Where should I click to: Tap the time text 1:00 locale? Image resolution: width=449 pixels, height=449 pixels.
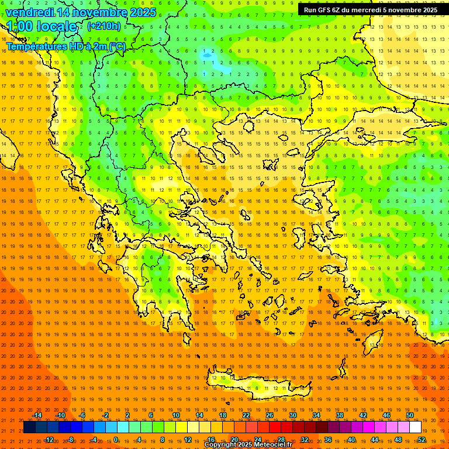click(x=42, y=26)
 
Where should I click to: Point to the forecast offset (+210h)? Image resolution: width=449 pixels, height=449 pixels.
click(x=104, y=26)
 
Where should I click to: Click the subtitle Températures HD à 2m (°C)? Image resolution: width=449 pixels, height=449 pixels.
click(x=65, y=46)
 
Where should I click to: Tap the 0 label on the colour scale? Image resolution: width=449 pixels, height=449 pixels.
click(x=116, y=439)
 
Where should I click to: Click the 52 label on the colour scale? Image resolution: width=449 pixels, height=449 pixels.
click(x=421, y=439)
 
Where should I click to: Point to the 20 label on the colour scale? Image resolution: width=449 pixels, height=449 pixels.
click(x=234, y=439)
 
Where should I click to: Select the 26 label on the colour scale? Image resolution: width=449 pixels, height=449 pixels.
click(x=270, y=415)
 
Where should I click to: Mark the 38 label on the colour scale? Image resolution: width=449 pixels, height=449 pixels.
click(x=339, y=415)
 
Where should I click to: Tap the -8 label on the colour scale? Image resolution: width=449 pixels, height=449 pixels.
click(x=70, y=439)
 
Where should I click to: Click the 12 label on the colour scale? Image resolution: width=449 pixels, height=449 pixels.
click(x=187, y=439)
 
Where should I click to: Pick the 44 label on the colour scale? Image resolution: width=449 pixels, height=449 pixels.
click(x=374, y=439)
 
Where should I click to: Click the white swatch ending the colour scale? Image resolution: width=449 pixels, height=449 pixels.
click(x=415, y=427)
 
